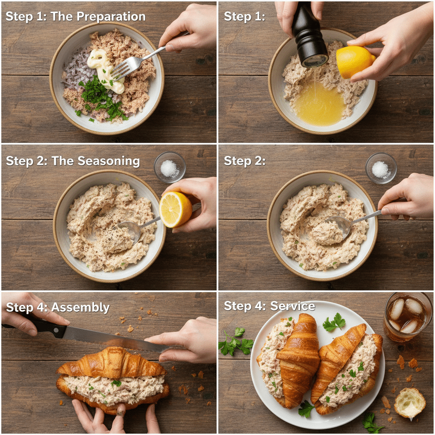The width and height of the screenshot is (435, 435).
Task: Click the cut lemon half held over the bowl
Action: tap(175, 209)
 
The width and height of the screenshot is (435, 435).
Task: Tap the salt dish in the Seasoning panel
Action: tap(169, 168)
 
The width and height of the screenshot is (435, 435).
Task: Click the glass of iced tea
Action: tap(407, 316)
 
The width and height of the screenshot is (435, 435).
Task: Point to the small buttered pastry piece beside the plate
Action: tap(410, 402)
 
